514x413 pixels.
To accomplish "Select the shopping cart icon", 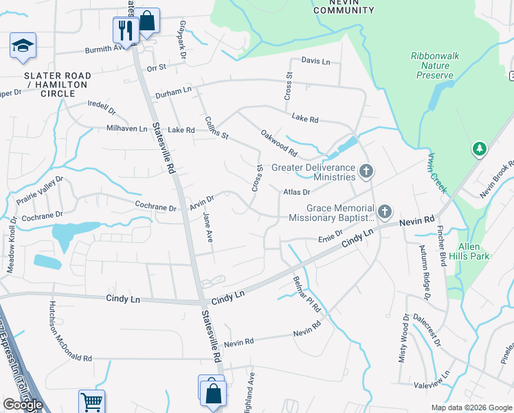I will point(91,401).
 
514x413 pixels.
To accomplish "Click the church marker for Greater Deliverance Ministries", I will point(367,169).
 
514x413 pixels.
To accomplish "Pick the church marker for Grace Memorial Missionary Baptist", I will point(385,211).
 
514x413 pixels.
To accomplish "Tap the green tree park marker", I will point(479,148).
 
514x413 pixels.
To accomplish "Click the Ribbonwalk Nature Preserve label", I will point(434,65).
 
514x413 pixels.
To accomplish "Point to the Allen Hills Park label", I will point(469,251).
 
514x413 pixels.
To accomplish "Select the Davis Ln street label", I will point(315,61).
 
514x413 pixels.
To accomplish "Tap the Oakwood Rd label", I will point(278,142).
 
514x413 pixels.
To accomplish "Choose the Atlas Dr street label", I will point(297,193).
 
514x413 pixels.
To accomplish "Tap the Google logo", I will point(23,405).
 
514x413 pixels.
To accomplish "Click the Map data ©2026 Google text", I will point(471,407).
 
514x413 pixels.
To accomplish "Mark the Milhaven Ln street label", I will point(126,129).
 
